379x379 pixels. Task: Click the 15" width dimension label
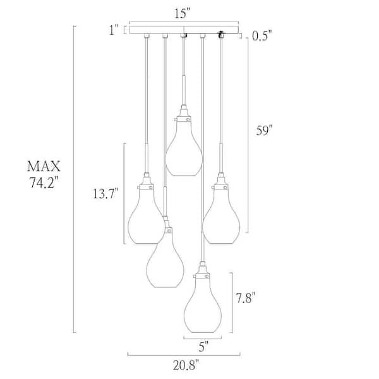(x=184, y=13)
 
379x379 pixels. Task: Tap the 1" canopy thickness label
(x=113, y=30)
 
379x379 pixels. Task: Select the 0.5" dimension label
(x=261, y=37)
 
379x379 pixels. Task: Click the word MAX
(x=44, y=167)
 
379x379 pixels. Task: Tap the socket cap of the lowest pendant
(x=202, y=272)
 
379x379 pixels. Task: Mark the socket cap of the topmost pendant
(x=184, y=115)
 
